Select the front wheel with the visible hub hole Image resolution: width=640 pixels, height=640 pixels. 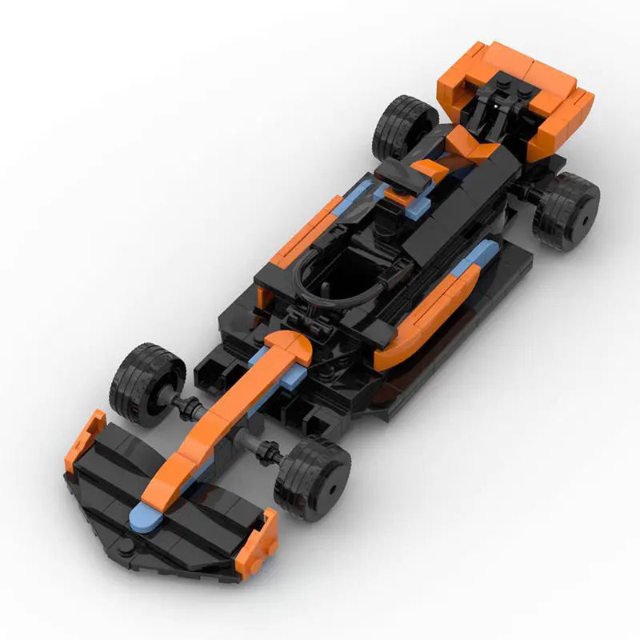(x=313, y=478)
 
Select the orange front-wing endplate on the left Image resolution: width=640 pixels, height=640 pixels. (x=83, y=439)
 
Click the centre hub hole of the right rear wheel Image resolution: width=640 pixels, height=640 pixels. (x=586, y=215)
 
